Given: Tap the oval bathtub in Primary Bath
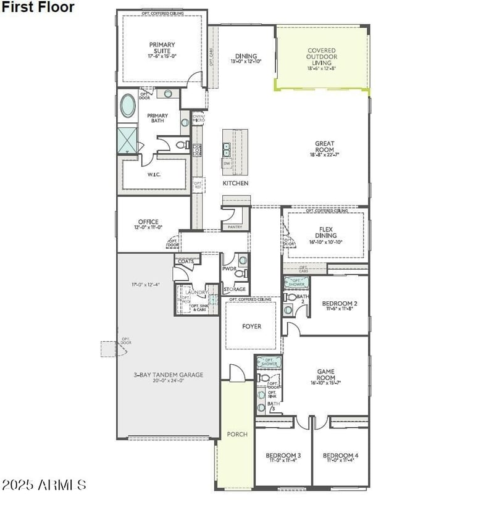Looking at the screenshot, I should coord(128,106).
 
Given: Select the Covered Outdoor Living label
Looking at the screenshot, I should coord(322,57).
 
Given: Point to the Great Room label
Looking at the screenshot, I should coord(324,147).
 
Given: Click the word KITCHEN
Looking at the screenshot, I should coord(235,183).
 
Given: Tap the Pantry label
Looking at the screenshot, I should coord(235,227).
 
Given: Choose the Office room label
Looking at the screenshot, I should coord(148,222).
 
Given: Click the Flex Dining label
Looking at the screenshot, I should coord(325,232).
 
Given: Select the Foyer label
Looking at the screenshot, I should coord(251,327).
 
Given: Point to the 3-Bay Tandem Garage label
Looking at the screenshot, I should coord(169,375).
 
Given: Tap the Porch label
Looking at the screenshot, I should coord(237,435).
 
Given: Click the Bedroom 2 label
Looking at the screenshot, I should coord(340,304).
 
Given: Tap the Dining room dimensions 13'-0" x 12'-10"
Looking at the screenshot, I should coord(246,62).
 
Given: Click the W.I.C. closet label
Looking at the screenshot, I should coord(154,175).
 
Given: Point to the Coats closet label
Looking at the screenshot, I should coord(186,262).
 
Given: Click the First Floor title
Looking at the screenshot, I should coord(38,7).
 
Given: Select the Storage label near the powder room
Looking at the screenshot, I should coord(235,289).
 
